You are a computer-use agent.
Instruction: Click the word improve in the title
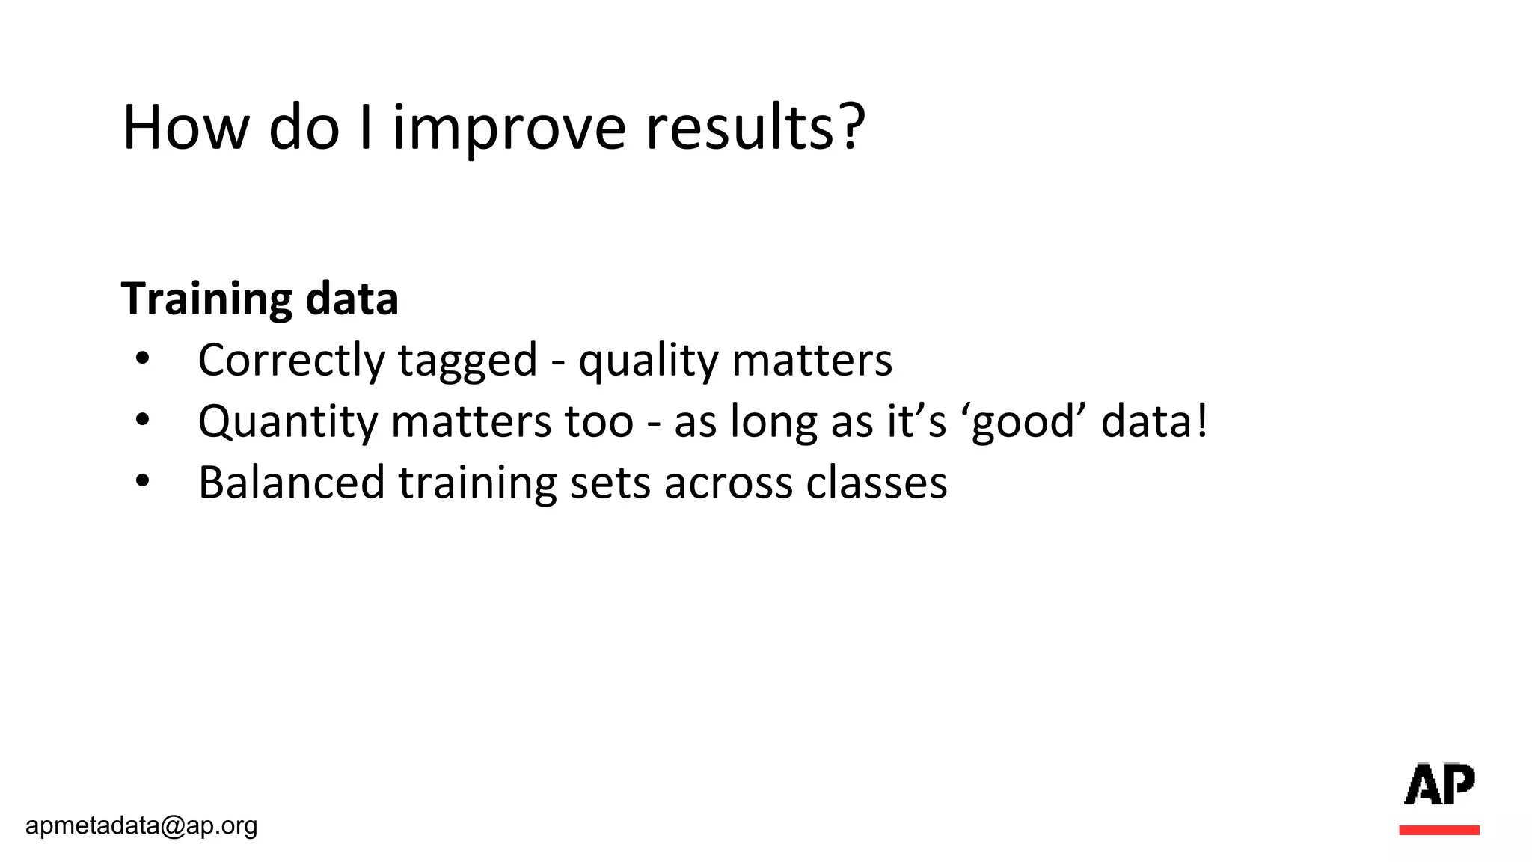tap(509, 129)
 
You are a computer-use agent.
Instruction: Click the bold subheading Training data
tap(260, 299)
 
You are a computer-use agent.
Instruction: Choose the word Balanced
tap(291, 483)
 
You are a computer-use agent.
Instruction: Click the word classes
tap(876, 483)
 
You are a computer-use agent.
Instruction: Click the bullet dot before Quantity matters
tap(143, 421)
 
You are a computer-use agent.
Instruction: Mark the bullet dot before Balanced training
tap(143, 482)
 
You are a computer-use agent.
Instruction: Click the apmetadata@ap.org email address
tap(141, 825)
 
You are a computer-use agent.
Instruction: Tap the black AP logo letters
tap(1438, 784)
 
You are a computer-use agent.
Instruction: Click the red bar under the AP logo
tap(1438, 830)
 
